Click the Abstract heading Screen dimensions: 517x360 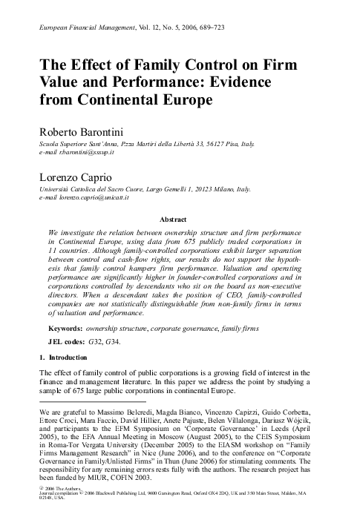click(180, 219)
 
